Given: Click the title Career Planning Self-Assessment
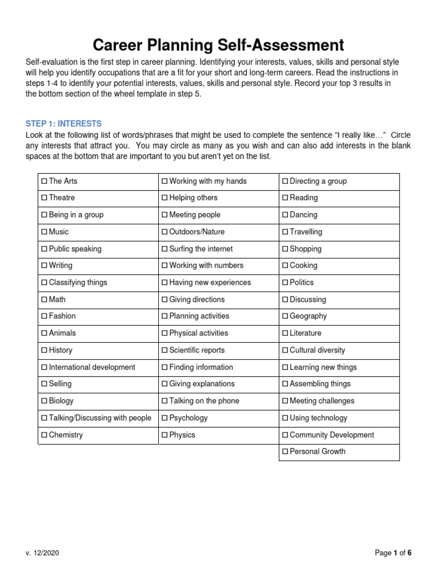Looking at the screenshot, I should pos(218,45).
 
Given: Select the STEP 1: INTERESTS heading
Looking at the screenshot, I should pos(64,124).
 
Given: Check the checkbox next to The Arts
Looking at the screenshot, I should pos(44,182).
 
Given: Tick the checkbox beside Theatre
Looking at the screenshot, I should pos(44,198).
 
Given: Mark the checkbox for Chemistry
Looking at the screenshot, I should pos(44,436).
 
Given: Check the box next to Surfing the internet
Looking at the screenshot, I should pos(165,249).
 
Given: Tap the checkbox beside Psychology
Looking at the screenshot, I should pos(165,418).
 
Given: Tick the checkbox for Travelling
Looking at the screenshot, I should pos(286,232).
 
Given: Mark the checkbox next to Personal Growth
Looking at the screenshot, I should pos(286,452).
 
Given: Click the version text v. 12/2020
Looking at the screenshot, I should pos(42,553).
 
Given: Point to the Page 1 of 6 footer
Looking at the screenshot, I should pos(393,553).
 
